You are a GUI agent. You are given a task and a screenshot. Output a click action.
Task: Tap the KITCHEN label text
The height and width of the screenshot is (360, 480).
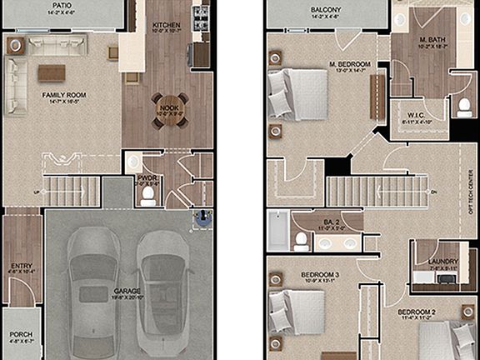tap(167, 26)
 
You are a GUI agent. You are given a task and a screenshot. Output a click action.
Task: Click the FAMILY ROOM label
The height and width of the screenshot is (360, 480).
tap(64, 95)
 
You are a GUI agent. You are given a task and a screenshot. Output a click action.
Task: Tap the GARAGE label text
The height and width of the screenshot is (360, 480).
tap(127, 292)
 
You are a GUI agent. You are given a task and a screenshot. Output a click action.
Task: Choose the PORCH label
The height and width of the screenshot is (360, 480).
tap(22, 335)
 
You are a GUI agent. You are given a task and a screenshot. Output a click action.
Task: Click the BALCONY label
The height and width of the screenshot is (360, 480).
tap(327, 11)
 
